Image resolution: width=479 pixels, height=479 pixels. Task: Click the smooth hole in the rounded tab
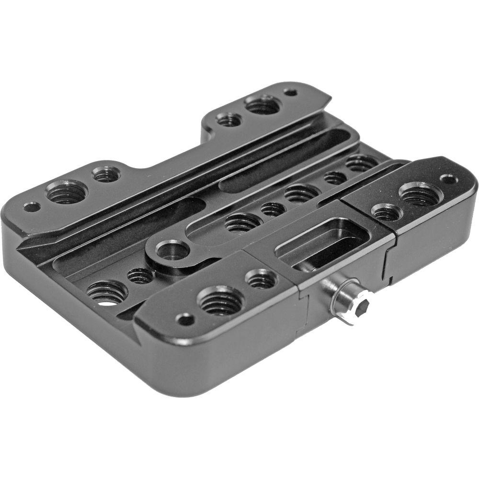(x=171, y=251)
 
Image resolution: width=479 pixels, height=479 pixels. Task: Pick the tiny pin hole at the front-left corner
(x=185, y=319)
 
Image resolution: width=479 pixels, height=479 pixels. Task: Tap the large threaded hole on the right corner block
(x=420, y=194)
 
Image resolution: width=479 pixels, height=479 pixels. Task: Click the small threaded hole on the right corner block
(x=387, y=212)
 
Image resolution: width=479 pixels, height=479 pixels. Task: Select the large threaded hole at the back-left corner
(x=67, y=192)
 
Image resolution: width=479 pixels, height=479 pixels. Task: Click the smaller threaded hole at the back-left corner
(x=106, y=174)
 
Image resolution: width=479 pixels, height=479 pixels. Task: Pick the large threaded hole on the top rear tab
(x=262, y=104)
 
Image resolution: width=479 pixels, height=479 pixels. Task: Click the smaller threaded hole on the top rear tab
(x=229, y=119)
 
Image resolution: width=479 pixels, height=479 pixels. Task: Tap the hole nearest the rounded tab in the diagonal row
(x=243, y=222)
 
